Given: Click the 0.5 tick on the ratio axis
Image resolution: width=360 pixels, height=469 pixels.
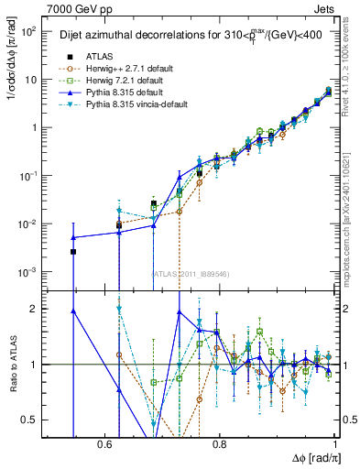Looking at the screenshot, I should tap(31, 420).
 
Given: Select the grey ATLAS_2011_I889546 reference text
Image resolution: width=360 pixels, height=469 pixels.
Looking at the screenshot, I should tap(191, 273).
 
